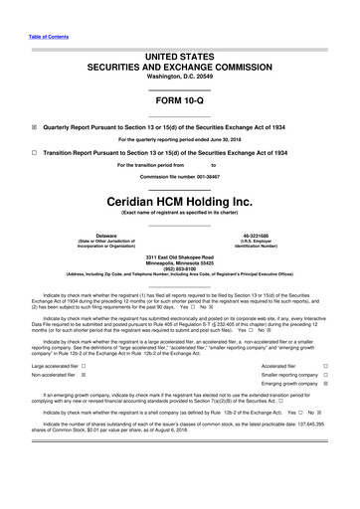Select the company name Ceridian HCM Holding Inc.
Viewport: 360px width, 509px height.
coord(179,199)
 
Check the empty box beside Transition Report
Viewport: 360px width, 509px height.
coord(35,153)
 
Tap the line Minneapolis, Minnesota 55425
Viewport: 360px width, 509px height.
coord(179,261)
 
